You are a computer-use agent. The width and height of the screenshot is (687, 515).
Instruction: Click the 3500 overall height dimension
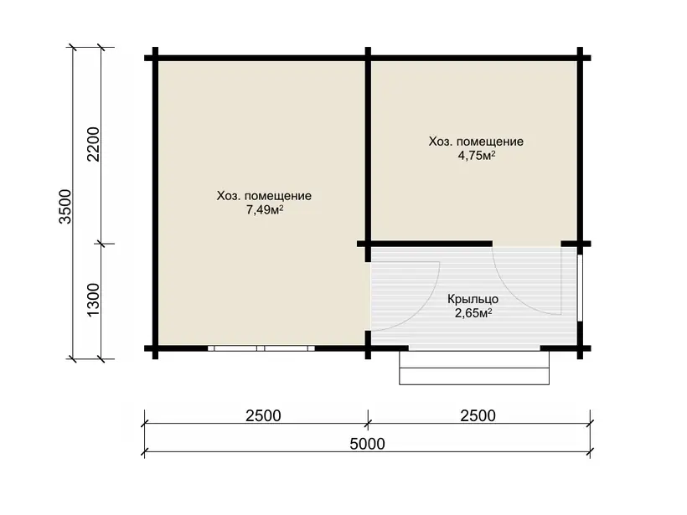click(65, 207)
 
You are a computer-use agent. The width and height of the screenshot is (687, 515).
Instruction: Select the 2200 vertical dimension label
click(94, 145)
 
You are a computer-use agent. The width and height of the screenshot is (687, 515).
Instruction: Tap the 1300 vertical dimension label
click(94, 300)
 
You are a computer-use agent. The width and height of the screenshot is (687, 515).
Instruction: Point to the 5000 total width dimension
click(367, 444)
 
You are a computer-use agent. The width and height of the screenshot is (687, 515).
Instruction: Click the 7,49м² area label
click(264, 209)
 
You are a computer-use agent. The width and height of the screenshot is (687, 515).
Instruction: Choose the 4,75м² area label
click(477, 156)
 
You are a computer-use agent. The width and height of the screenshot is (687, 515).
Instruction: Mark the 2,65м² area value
click(473, 313)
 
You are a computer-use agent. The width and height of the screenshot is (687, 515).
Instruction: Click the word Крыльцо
click(473, 299)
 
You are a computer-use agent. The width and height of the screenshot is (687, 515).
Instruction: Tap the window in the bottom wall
click(261, 348)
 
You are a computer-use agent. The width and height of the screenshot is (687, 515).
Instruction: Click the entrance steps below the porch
click(474, 368)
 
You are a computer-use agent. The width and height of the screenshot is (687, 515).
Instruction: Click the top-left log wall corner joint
click(155, 58)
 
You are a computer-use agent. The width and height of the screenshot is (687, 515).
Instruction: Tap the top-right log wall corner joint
click(580, 58)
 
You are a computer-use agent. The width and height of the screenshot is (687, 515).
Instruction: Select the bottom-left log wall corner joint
click(155, 348)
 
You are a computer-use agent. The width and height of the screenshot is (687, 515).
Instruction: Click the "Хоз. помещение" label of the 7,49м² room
click(264, 196)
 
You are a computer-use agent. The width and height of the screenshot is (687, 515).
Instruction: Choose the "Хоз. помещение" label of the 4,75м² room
click(476, 142)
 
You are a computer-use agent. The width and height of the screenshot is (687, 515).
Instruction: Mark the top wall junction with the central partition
click(368, 58)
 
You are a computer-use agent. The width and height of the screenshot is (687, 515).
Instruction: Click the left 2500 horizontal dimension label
click(263, 415)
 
